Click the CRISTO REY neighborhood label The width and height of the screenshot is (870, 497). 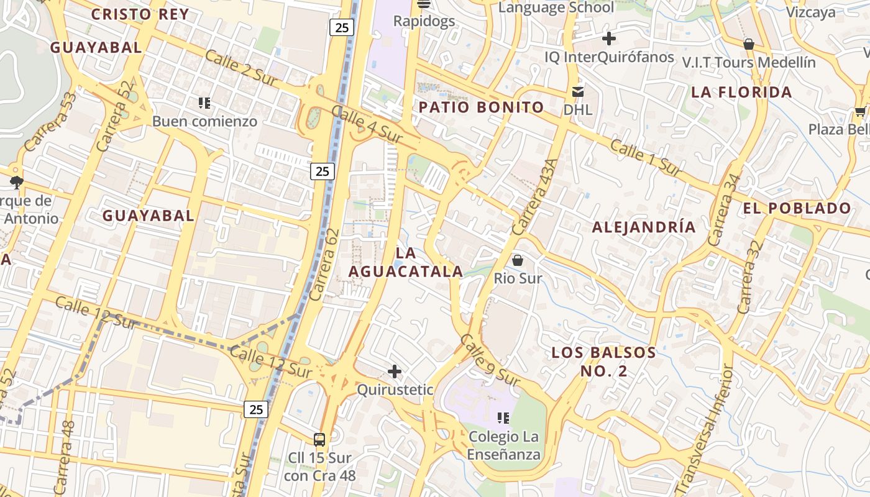(x=140, y=14)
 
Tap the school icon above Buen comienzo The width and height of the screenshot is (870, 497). (x=204, y=103)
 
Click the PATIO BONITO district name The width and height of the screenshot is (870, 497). (x=481, y=107)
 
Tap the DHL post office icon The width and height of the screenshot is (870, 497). (x=578, y=92)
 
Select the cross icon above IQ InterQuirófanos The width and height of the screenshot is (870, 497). (x=609, y=39)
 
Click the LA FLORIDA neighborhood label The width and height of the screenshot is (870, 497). (x=741, y=92)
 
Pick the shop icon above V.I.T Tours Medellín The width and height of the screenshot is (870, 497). (x=749, y=43)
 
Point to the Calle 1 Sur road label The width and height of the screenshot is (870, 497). (x=646, y=158)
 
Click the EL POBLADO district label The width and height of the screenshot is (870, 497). (x=797, y=208)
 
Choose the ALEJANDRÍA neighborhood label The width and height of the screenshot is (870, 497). (x=644, y=227)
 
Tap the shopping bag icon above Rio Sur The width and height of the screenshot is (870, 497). (x=518, y=260)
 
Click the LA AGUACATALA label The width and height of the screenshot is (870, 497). (x=405, y=262)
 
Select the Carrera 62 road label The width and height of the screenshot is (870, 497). (x=324, y=265)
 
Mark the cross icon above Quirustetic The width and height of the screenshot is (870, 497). (x=395, y=372)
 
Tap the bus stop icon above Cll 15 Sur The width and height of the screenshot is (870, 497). (x=319, y=440)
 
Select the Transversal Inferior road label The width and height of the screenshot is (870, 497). (x=703, y=429)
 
